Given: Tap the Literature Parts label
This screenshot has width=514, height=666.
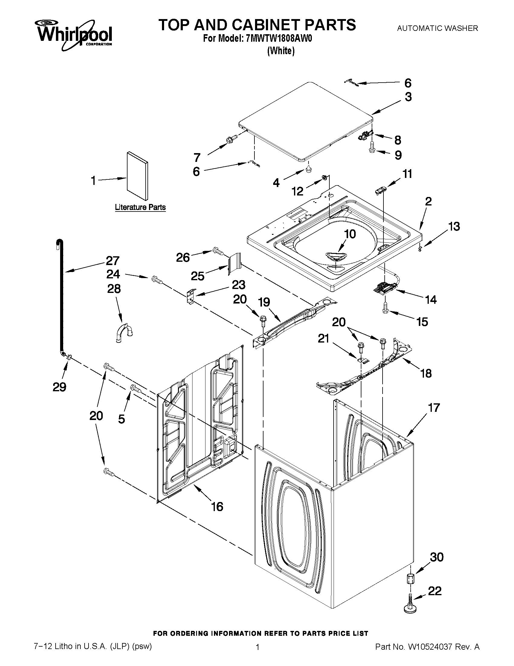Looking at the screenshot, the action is [x=140, y=207].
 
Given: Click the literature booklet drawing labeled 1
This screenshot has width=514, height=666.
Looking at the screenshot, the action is [x=137, y=175].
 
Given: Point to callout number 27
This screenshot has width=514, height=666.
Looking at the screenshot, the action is [x=112, y=261].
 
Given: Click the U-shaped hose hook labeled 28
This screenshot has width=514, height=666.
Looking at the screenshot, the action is [x=124, y=334].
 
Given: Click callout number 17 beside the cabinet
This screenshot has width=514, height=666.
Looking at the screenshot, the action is [x=434, y=408].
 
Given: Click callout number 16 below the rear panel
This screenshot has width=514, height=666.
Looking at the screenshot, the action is [x=217, y=507].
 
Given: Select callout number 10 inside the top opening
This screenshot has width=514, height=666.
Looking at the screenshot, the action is [x=350, y=234].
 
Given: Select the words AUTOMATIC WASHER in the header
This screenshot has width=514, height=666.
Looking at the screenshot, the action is [x=438, y=28].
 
